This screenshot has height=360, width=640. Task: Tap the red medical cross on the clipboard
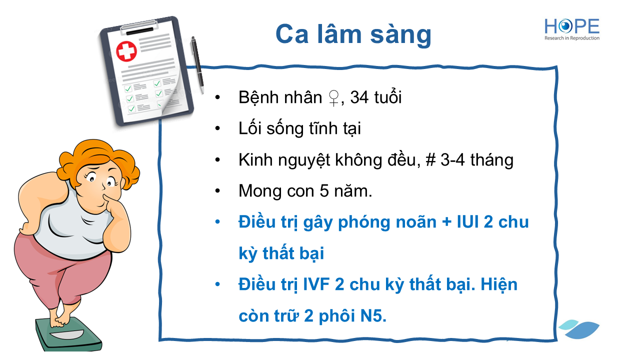pos(126,51)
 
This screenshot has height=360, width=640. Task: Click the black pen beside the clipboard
pos(197,65)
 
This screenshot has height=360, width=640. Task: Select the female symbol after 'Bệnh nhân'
pos(333,98)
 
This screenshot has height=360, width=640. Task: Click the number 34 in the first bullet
pos(359,97)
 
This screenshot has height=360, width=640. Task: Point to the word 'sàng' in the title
pos(400,35)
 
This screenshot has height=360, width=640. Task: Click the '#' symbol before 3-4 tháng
pos(430,160)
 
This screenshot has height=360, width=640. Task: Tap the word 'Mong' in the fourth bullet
pos(260,191)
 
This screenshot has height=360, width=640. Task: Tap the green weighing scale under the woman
pos(68,334)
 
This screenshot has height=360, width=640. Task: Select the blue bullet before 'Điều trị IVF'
pos(217,284)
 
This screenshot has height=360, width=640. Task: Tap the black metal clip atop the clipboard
pos(139,28)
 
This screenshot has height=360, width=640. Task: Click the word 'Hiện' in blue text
pos(499,285)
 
